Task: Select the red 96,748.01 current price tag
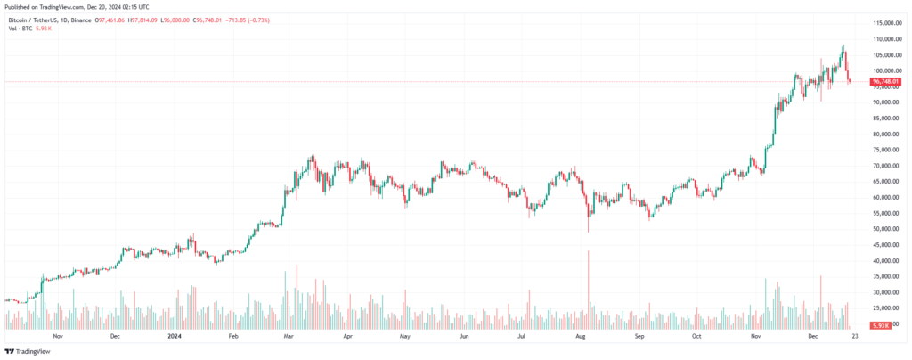[887, 82]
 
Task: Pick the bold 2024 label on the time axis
[175, 337]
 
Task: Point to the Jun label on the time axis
[463, 337]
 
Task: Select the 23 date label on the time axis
[854, 337]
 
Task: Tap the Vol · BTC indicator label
[19, 28]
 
